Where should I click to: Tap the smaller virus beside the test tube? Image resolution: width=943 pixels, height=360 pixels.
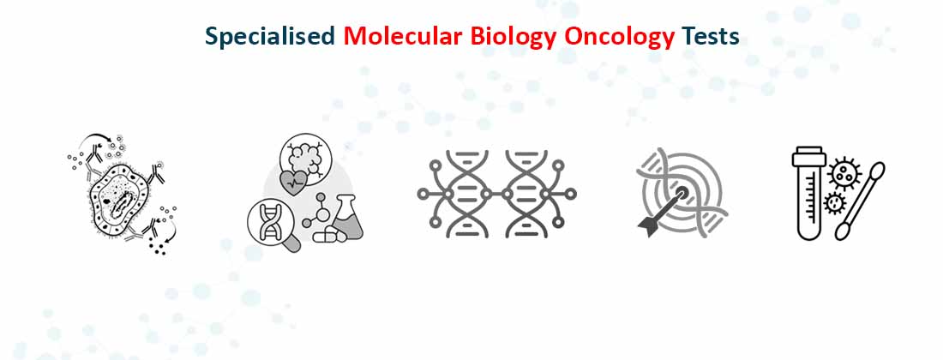click(x=832, y=204)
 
